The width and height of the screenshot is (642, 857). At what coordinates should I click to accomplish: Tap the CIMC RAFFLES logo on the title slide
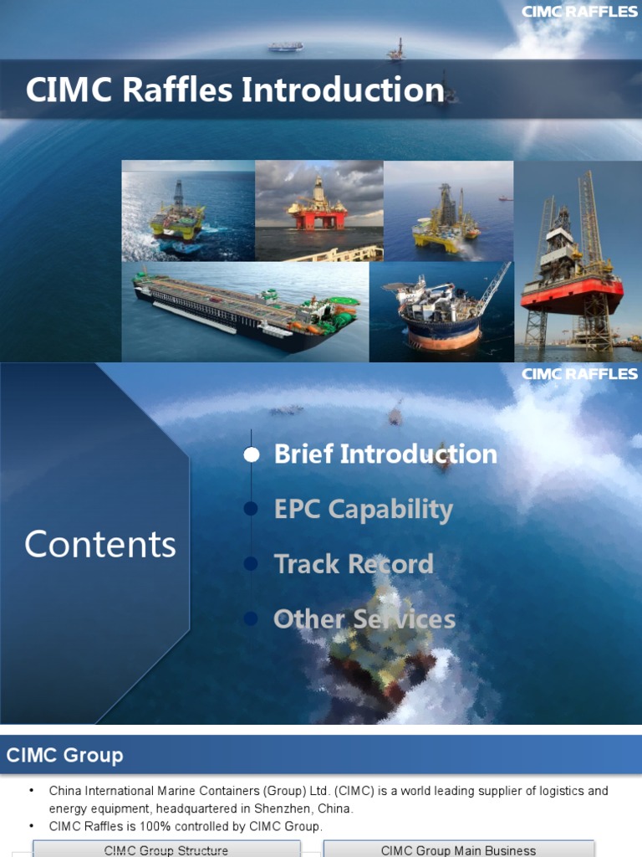coord(579,12)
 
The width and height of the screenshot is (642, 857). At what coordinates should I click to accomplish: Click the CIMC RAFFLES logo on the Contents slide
coord(579,374)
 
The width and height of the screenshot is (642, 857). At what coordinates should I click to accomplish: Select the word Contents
coord(100,545)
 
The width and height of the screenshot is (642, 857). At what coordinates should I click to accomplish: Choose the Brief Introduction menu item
coord(385,454)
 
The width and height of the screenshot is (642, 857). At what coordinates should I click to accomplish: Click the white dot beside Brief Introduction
coord(252,454)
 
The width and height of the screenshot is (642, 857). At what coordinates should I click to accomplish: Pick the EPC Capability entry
coord(363,509)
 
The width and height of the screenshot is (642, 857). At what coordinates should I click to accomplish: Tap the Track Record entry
coord(354,564)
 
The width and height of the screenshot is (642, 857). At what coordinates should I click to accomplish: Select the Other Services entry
coord(364,619)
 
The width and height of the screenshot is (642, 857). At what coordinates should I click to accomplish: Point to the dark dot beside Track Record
coord(251,564)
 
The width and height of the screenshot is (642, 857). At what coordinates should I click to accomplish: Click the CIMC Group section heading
coord(64,756)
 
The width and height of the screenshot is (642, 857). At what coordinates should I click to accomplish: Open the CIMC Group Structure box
coord(166,850)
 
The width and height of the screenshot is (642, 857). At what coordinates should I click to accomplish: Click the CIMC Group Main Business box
coord(458,850)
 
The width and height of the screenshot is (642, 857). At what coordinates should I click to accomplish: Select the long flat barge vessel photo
coord(244,310)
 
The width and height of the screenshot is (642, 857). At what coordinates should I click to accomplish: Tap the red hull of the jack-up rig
coord(572,294)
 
